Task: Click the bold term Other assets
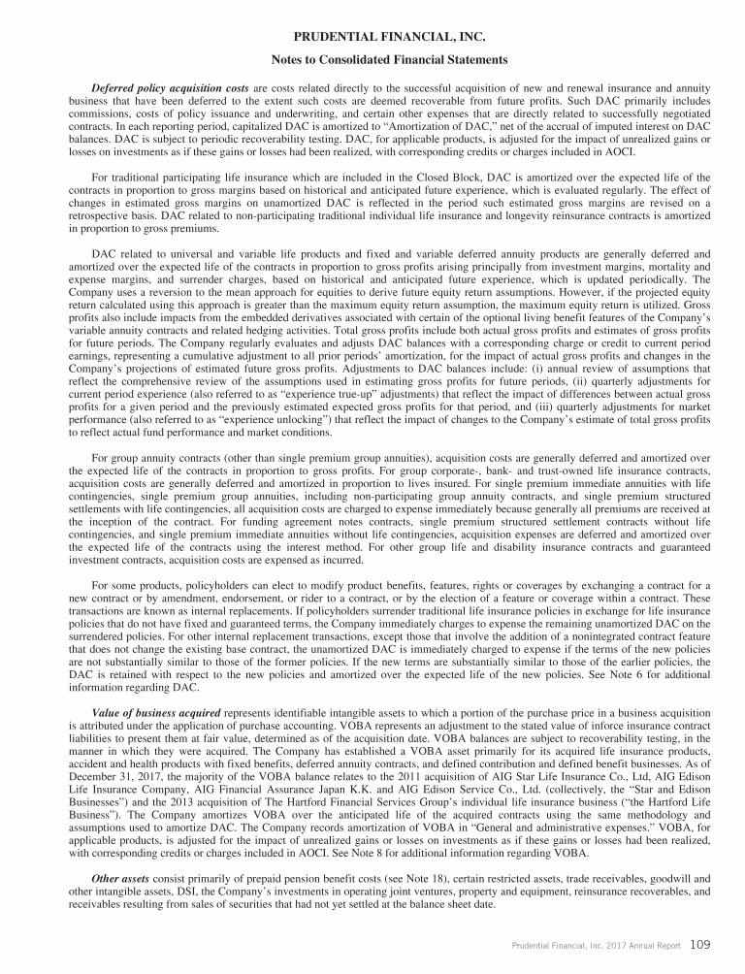pyautogui.click(x=120, y=880)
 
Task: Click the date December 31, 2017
pyautogui.click(x=118, y=776)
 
